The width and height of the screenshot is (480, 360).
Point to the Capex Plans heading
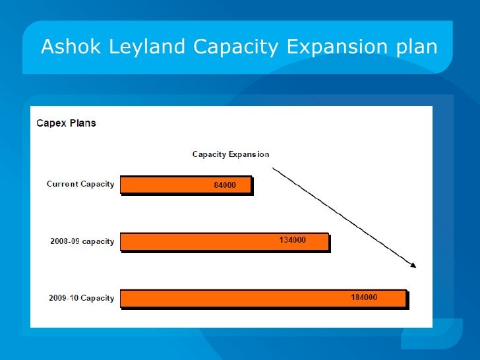pos(66,123)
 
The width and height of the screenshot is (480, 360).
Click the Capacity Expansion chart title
pos(230,154)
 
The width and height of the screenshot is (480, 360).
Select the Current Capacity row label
pos(80,184)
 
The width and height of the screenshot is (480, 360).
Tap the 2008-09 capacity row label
pos(82,241)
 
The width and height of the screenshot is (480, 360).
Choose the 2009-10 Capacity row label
pos(81,298)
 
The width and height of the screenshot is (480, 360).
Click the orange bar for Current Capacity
pos(165,185)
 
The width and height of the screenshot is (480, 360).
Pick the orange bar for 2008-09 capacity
pos(198,241)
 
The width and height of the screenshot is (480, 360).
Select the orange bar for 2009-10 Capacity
pos(231,298)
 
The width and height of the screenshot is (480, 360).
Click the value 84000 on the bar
pos(225,185)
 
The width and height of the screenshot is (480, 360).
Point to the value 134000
pos(292,241)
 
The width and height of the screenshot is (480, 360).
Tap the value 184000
pos(363,297)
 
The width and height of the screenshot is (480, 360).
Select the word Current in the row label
pos(62,184)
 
